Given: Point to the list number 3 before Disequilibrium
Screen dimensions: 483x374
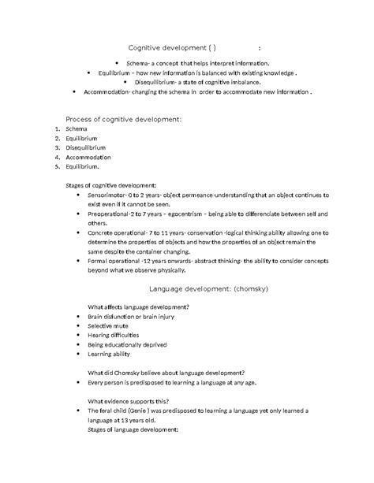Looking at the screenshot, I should click(58, 147).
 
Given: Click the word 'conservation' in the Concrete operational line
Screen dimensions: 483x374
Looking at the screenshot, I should click(208, 232).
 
